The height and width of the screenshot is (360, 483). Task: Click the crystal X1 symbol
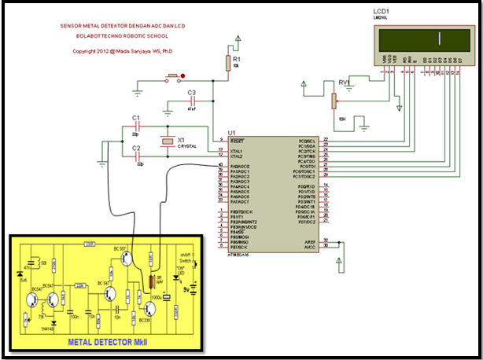[166, 141]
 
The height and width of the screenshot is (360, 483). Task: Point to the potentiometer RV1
[334, 100]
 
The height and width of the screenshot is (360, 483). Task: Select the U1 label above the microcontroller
[231, 132]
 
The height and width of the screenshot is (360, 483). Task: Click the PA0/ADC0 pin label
[240, 167]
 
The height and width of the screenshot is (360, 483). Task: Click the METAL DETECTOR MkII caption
[106, 342]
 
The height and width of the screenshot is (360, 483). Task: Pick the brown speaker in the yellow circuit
[152, 282]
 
